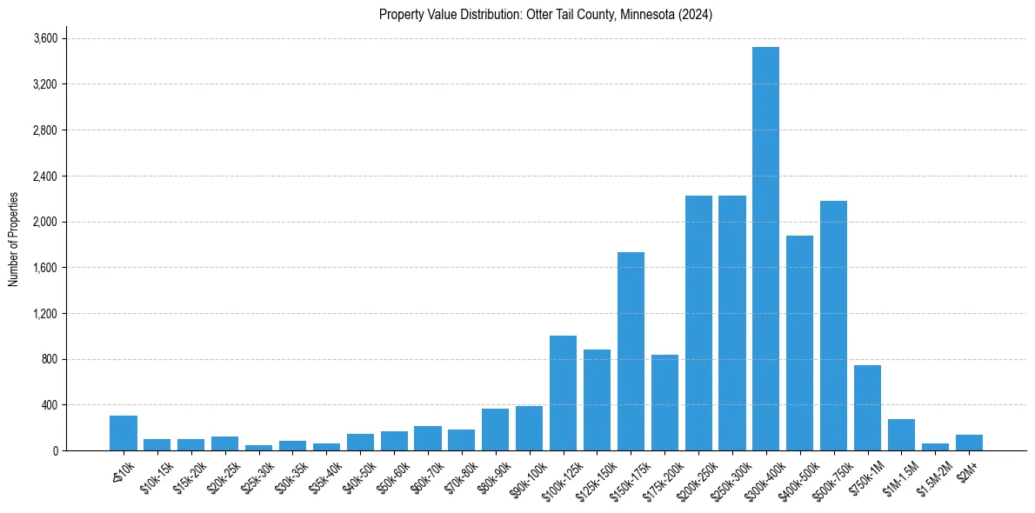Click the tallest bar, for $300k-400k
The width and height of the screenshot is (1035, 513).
[765, 249]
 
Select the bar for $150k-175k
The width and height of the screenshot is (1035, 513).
[631, 351]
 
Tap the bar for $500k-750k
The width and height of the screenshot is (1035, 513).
[833, 325]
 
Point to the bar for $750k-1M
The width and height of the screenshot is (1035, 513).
[867, 408]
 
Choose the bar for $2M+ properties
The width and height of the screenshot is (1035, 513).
[969, 443]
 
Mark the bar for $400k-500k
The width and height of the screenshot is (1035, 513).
[799, 343]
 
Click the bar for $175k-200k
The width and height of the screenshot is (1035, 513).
[664, 403]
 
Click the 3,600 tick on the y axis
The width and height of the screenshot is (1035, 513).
[45, 38]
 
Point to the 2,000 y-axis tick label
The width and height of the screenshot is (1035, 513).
[45, 222]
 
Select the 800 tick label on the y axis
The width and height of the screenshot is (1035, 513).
[50, 359]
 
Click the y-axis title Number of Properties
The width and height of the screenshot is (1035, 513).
[13, 238]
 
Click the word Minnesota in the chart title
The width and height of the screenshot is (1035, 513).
[647, 15]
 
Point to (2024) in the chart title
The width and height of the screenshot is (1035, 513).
[696, 15]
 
